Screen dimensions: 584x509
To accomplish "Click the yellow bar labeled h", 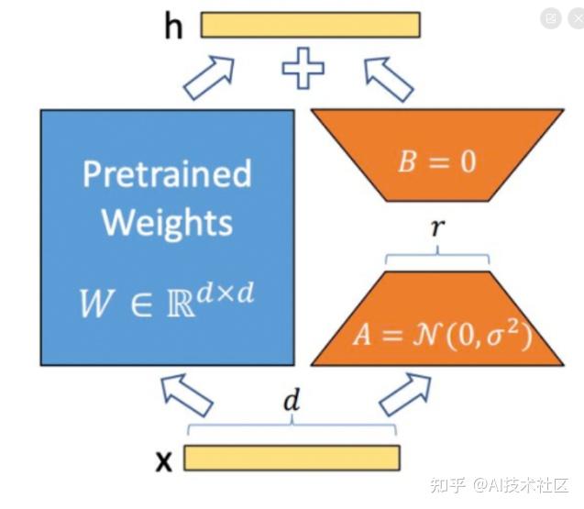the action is pyautogui.click(x=311, y=25).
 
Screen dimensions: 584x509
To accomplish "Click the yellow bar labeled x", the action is pyautogui.click(x=292, y=458).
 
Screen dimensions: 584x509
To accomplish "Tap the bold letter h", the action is pyautogui.click(x=173, y=26).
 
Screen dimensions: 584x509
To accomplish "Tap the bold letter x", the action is pyautogui.click(x=164, y=461).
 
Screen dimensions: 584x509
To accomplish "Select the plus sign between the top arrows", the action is pyautogui.click(x=303, y=68).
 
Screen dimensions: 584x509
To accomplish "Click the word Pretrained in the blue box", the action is pyautogui.click(x=167, y=174).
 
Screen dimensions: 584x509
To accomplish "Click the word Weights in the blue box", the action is pyautogui.click(x=167, y=223).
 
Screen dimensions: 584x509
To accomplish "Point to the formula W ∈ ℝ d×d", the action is pyautogui.click(x=167, y=300).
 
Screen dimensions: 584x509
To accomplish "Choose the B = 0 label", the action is pyautogui.click(x=437, y=161).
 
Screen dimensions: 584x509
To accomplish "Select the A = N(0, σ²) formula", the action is pyautogui.click(x=443, y=334).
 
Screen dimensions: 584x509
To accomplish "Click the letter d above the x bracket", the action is pyautogui.click(x=292, y=400).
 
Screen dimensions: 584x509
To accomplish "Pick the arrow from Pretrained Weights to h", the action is pyautogui.click(x=209, y=78).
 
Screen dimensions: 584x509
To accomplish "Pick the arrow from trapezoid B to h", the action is pyautogui.click(x=389, y=80).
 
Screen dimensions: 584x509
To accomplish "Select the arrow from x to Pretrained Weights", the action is pyautogui.click(x=187, y=395).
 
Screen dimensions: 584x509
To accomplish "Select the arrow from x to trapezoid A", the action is pyautogui.click(x=405, y=394).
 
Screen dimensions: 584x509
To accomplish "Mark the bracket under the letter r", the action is pyautogui.click(x=437, y=256).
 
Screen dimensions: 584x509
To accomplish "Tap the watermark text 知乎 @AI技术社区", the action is pyautogui.click(x=500, y=485).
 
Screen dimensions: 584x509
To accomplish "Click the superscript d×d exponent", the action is pyautogui.click(x=226, y=293).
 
